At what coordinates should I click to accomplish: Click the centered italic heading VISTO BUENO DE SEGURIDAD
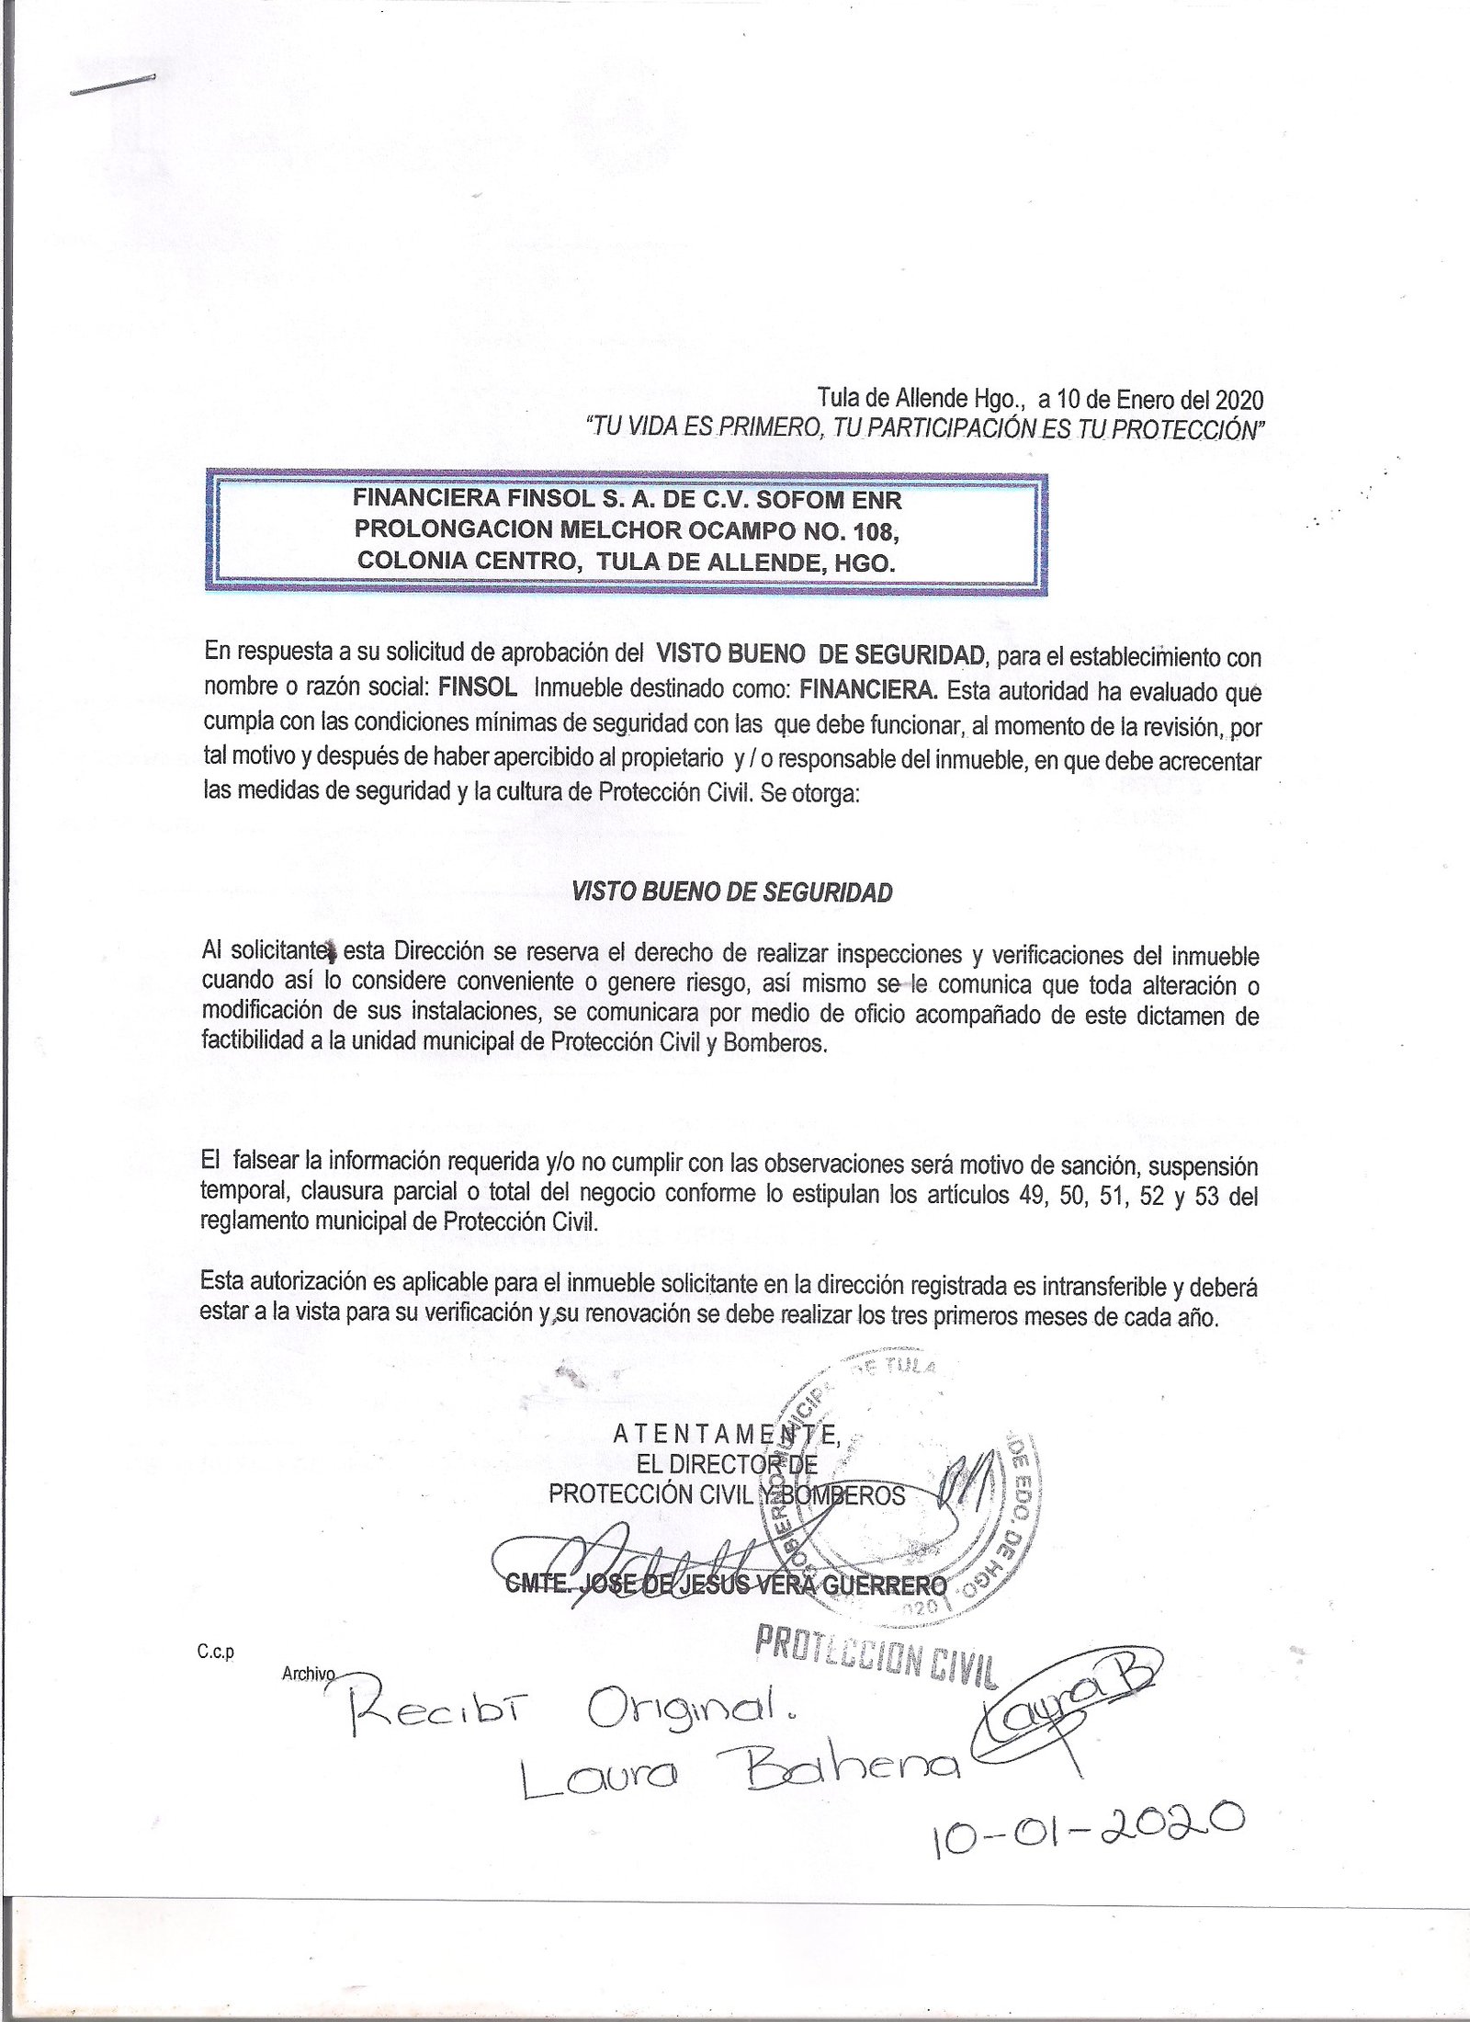click(732, 892)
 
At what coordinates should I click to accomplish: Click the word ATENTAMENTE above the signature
click(725, 1433)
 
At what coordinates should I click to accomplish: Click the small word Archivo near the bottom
click(309, 1675)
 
